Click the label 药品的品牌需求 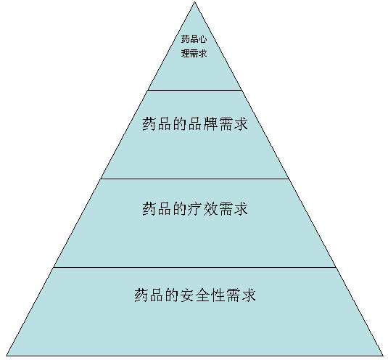(195, 123)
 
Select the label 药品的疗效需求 (195, 208)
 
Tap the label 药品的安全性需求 (195, 295)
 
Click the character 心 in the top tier (202, 39)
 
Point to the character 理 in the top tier (185, 53)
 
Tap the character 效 (210, 208)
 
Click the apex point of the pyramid (194, 2)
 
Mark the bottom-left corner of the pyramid (7, 356)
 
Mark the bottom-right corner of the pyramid (383, 356)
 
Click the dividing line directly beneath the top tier (195, 90)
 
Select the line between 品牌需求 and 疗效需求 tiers (195, 179)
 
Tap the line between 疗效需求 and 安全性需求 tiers (195, 267)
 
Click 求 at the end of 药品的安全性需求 (249, 295)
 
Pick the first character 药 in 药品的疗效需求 (149, 208)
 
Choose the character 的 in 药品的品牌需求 (180, 123)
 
